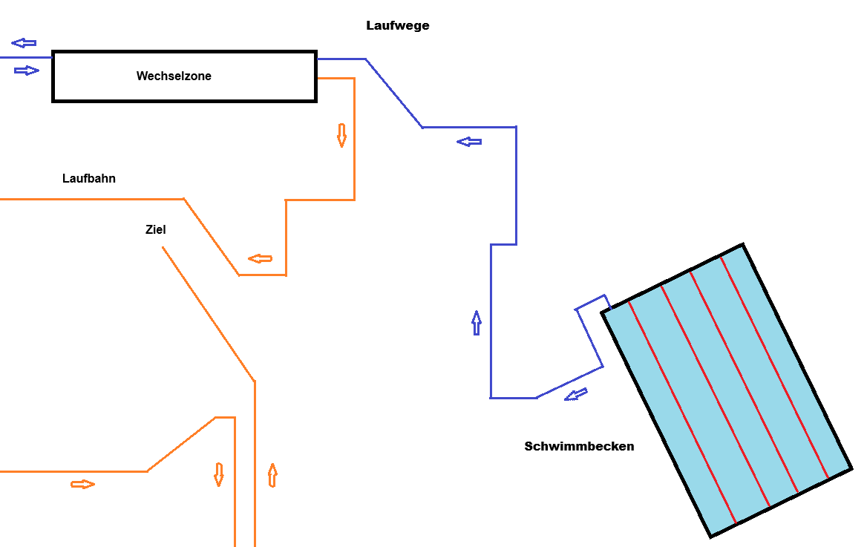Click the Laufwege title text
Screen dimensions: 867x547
pos(398,26)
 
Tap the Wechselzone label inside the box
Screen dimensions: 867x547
pos(174,76)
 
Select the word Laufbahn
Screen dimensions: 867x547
pos(89,179)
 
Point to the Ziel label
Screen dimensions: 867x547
pos(155,229)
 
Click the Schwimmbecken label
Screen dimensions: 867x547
pos(579,446)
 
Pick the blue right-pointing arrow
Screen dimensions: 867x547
pos(27,71)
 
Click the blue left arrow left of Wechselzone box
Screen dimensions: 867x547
pos(24,42)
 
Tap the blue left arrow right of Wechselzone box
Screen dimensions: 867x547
pos(469,142)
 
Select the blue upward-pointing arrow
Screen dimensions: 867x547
pos(476,323)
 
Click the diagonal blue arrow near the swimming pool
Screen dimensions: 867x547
pos(575,395)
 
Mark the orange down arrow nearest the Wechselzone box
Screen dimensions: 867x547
pos(341,136)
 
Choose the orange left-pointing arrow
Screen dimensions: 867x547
pos(260,258)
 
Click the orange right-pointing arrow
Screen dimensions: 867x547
pos(83,485)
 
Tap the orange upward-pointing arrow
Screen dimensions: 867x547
pos(272,475)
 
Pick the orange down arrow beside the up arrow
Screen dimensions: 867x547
pos(219,474)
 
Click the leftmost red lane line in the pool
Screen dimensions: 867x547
pos(682,413)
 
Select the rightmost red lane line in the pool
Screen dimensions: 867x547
pos(774,367)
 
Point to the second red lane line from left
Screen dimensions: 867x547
pos(716,396)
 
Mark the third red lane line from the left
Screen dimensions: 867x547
pos(745,382)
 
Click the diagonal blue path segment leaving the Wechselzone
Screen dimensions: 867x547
pos(394,93)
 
